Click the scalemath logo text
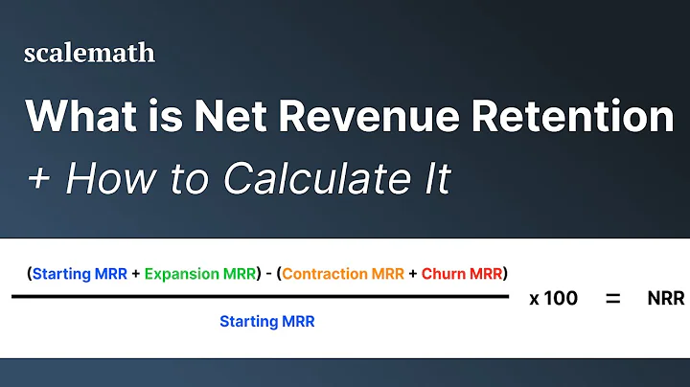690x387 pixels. [89, 54]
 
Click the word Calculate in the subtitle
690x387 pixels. [305, 178]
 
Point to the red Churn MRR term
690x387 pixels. [463, 273]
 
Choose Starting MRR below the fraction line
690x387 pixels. [266, 322]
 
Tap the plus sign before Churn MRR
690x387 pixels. [412, 273]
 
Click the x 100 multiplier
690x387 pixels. [553, 298]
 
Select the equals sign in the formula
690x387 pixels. [612, 298]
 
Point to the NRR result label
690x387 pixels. [665, 298]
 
